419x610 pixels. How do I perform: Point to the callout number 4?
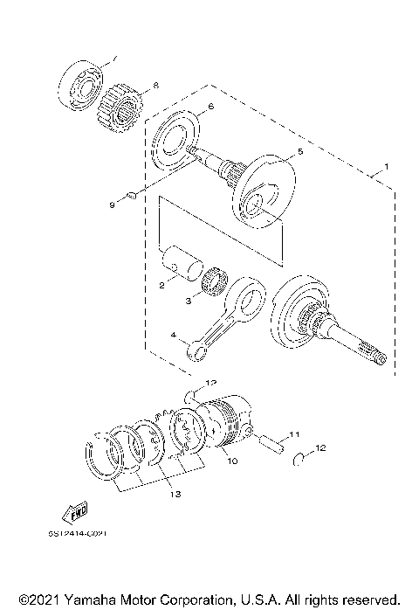pos(175,333)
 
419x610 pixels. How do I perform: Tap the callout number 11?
pos(294,434)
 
